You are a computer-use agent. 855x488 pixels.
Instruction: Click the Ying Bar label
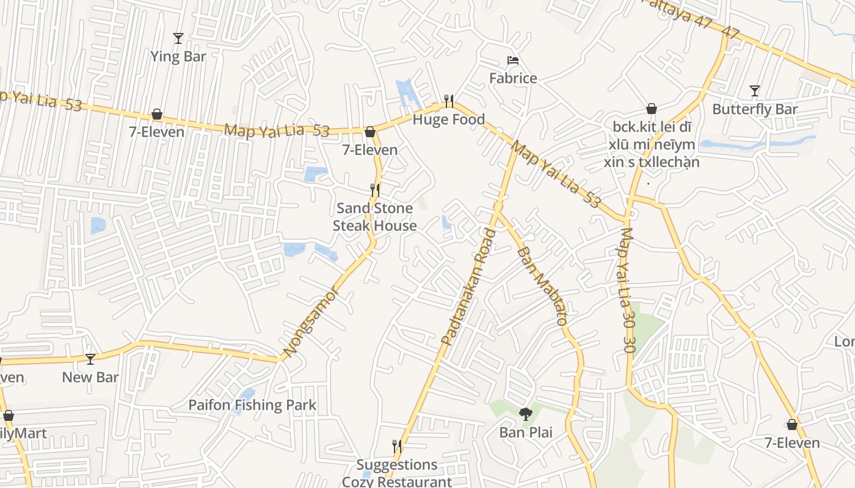(178, 57)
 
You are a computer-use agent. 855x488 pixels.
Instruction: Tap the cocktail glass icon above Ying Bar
(178, 38)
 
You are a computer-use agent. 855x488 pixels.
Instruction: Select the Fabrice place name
(513, 78)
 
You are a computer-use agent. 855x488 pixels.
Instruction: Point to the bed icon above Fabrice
(513, 60)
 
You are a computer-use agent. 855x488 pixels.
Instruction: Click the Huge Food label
(448, 120)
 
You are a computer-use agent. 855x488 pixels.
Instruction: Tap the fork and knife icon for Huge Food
(448, 101)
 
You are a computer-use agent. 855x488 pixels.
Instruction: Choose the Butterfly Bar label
(755, 109)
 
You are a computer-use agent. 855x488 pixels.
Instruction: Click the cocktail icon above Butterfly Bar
(755, 91)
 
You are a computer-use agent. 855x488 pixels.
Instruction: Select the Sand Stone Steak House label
(375, 217)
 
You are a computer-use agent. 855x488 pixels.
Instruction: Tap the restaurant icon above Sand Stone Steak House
(375, 190)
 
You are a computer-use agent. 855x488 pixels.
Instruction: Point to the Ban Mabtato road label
(542, 285)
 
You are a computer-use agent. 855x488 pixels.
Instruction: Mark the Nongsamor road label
(310, 321)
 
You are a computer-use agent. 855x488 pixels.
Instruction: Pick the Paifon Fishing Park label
(252, 405)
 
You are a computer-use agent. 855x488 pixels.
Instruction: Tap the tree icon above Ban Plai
(525, 415)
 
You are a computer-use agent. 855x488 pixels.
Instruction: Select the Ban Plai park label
(525, 432)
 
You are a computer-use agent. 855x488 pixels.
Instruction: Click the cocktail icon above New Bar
(90, 359)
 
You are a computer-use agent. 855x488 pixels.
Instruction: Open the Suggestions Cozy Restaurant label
(397, 473)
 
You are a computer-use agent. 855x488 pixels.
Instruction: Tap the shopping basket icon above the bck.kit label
(652, 109)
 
